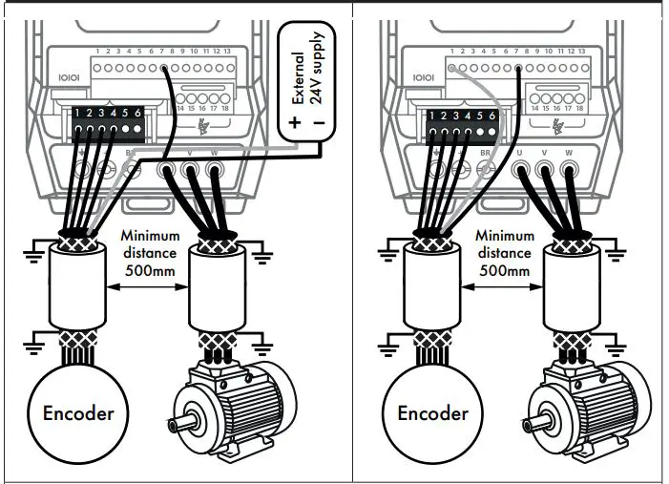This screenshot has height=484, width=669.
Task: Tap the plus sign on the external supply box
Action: click(295, 123)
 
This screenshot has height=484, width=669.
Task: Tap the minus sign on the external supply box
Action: click(319, 123)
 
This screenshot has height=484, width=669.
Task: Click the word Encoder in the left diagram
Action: click(78, 412)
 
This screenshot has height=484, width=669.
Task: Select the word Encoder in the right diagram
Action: click(433, 412)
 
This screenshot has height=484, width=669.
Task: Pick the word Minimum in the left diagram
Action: click(150, 236)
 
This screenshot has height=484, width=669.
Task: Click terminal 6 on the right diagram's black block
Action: click(492, 115)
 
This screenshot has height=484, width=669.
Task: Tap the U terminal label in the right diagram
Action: click(520, 152)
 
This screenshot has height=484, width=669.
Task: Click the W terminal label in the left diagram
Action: click(214, 152)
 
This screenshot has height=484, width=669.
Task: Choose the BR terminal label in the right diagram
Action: click(484, 152)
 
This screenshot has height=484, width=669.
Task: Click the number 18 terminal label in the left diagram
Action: click(224, 108)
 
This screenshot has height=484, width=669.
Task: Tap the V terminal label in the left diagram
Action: click(190, 152)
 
